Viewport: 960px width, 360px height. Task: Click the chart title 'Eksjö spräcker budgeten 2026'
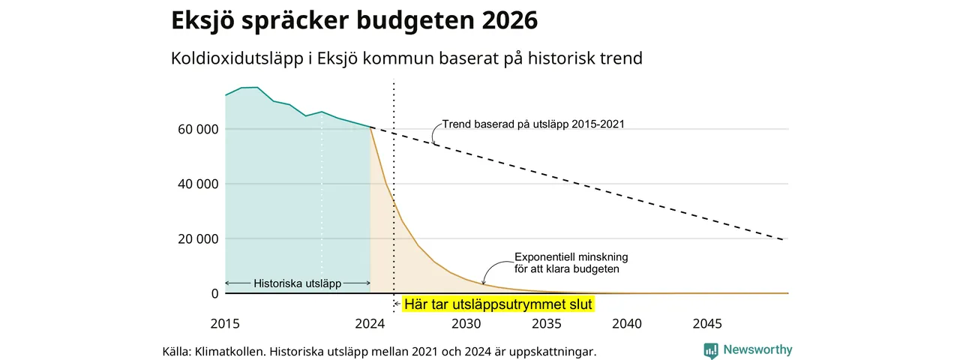pos(354,20)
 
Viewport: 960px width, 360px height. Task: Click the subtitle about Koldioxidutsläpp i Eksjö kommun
pos(406,58)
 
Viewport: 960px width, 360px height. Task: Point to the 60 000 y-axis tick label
pos(198,129)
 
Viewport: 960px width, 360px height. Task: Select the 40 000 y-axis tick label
pos(198,184)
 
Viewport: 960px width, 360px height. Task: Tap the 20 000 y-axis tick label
pos(198,238)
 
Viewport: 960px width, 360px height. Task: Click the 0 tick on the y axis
pos(214,293)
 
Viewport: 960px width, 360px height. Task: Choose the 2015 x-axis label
pos(225,323)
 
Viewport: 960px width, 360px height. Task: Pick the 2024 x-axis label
pos(370,323)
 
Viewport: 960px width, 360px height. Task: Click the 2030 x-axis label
pos(466,323)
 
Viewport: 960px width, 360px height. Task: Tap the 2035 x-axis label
pos(547,323)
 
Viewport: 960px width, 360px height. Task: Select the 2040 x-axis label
pos(627,323)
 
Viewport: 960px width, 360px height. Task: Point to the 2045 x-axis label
pos(707,323)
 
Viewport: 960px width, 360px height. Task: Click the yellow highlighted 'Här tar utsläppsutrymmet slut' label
pos(498,304)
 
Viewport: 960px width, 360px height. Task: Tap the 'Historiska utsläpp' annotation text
pos(298,283)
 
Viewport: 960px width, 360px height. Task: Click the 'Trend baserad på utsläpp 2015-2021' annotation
pos(533,124)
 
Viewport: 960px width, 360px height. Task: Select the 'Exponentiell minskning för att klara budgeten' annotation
pos(571,263)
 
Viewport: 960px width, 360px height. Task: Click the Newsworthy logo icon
pos(710,350)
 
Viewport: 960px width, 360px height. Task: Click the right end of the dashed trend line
pos(784,239)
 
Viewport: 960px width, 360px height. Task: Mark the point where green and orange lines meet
pos(370,127)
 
